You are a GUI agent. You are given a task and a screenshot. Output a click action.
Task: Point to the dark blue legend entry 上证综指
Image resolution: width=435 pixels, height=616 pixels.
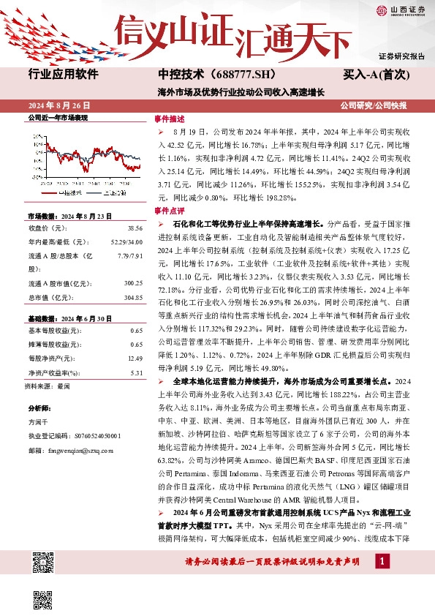pyautogui.click(x=109, y=192)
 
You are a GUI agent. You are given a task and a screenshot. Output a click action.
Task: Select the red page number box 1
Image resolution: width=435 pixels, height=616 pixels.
pyautogui.click(x=382, y=560)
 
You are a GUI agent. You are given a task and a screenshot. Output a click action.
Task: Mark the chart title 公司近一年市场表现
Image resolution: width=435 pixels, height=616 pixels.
pyautogui.click(x=58, y=117)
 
